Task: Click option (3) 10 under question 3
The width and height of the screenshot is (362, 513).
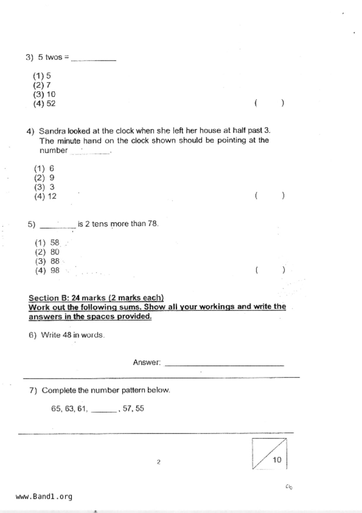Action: pos(44,94)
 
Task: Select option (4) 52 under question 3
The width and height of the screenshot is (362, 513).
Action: pos(44,104)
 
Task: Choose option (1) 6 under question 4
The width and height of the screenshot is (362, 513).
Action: pos(44,168)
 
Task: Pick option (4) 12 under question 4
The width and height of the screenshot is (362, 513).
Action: pos(45,196)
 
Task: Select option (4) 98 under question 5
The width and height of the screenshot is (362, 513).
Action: pos(47,270)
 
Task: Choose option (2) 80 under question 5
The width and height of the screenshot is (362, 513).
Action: pos(47,252)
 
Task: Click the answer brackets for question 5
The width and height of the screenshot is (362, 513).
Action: pos(270,270)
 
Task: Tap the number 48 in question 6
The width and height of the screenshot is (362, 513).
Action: pos(67,335)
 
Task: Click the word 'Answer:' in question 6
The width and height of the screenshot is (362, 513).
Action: pos(147,362)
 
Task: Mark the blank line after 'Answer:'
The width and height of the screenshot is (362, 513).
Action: pos(224,364)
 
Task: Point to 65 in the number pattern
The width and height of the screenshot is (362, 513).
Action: pos(56,409)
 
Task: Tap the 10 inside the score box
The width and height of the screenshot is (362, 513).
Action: pos(277,460)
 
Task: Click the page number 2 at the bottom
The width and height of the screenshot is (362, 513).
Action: pos(159,462)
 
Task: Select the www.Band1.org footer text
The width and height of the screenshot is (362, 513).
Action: pos(44,496)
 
